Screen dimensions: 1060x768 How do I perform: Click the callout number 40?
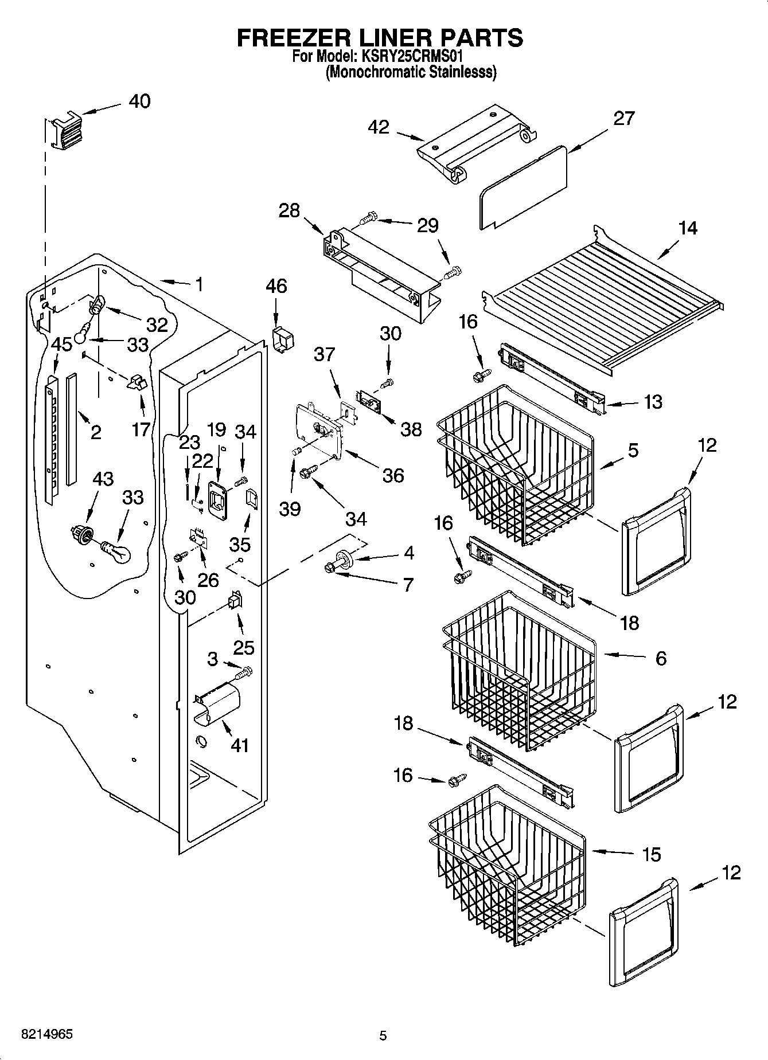139,101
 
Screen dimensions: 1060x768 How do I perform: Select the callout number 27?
624,118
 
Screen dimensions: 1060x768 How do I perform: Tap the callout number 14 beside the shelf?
687,228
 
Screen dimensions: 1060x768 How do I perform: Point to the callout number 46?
276,286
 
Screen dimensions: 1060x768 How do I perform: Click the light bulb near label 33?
116,551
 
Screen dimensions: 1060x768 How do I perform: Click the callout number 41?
239,745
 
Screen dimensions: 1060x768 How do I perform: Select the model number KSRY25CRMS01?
411,57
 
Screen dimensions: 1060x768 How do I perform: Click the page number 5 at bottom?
383,1035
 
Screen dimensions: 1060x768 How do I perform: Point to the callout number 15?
652,854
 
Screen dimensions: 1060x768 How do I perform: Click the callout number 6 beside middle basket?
661,658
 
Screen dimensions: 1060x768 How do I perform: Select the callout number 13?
653,401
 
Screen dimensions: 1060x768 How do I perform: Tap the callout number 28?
289,210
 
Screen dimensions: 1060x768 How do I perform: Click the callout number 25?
243,647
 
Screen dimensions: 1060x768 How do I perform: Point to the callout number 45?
61,344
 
